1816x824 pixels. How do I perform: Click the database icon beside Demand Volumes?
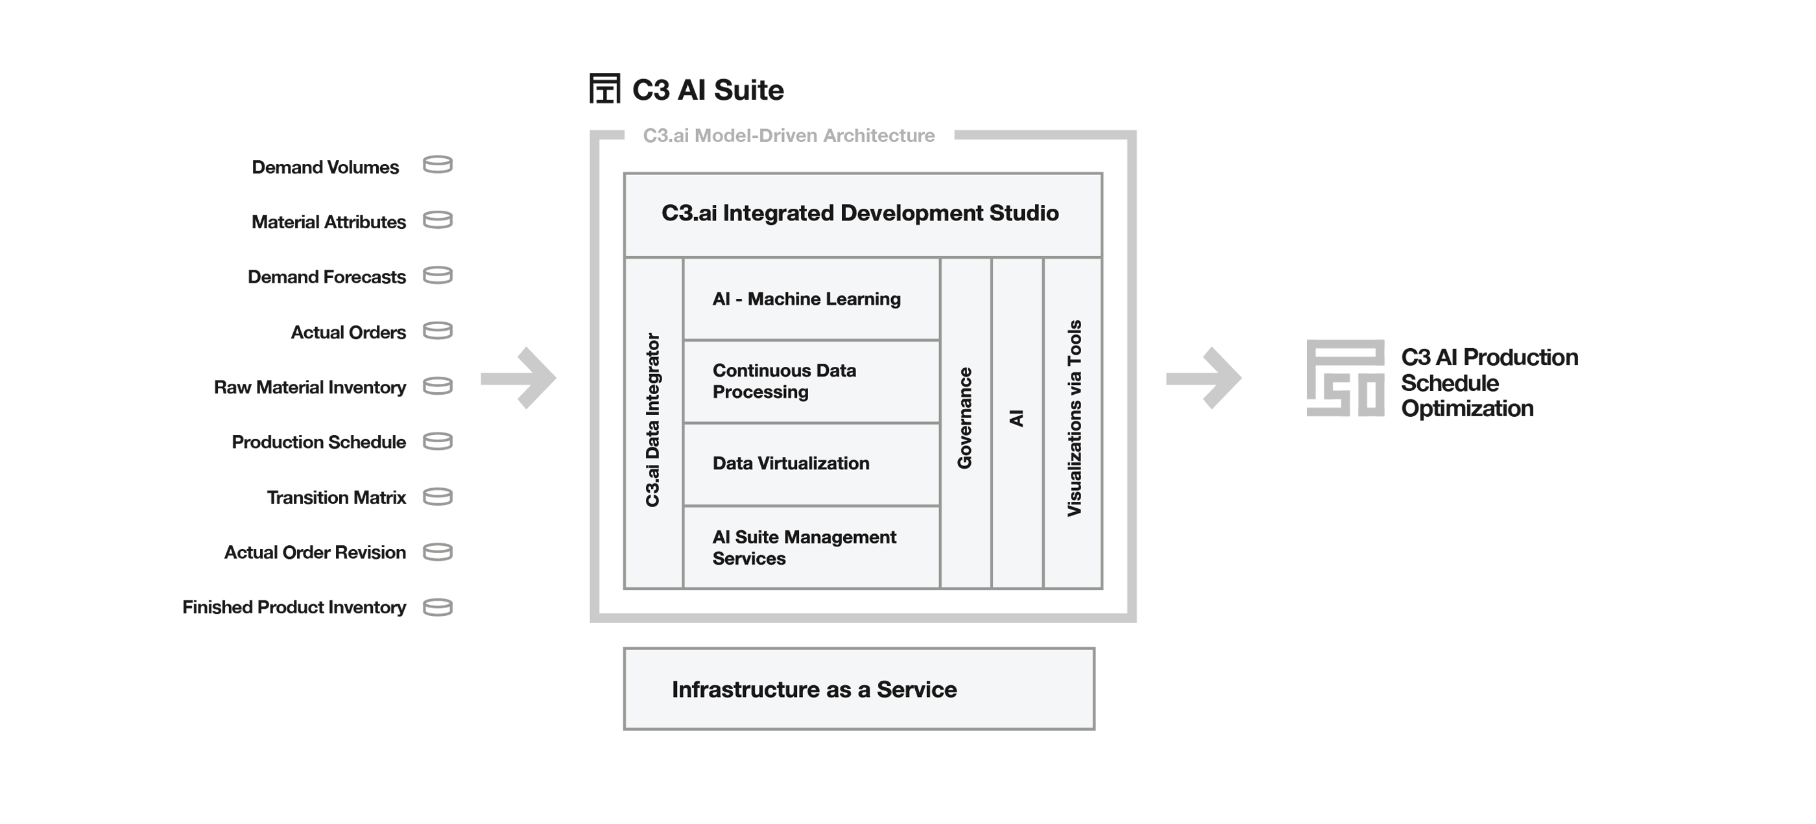click(x=437, y=164)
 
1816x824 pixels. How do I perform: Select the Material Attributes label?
click(x=329, y=222)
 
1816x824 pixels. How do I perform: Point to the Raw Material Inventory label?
click(x=309, y=387)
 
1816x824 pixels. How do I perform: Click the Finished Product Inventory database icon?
click(x=437, y=607)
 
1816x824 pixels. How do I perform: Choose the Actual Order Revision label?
click(x=315, y=552)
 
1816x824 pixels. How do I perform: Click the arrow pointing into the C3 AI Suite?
click(x=518, y=378)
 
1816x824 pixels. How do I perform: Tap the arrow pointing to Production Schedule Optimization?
click(x=1203, y=378)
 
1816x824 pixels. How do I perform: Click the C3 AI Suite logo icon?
click(x=605, y=89)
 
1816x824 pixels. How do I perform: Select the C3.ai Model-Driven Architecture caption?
click(x=789, y=135)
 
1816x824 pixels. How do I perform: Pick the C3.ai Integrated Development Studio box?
click(x=863, y=215)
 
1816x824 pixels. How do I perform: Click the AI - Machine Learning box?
click(x=811, y=299)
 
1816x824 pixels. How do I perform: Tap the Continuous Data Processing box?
click(x=811, y=381)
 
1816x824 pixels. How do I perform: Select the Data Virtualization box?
click(x=811, y=464)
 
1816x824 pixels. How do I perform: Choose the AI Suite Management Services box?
click(x=811, y=547)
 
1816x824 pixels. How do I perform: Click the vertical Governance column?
click(x=966, y=423)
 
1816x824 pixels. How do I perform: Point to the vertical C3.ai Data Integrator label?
click(x=653, y=420)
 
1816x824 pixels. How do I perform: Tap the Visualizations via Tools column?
click(x=1073, y=423)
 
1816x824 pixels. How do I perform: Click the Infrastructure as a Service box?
click(x=859, y=689)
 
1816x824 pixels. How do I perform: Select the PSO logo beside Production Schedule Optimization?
click(x=1345, y=378)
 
